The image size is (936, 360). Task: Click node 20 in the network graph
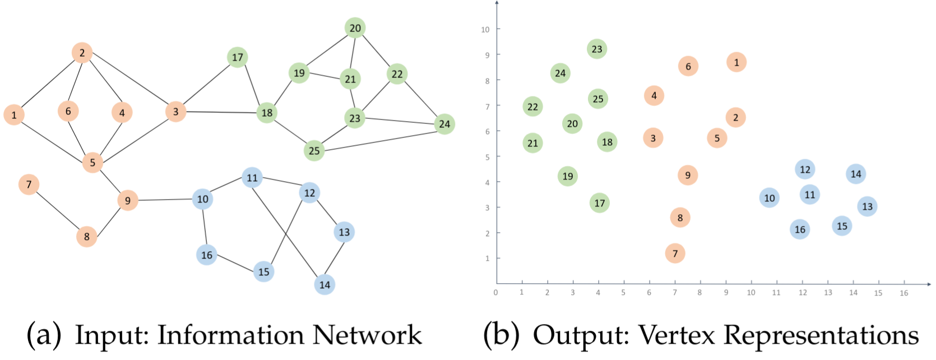click(355, 28)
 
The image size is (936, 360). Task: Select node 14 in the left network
click(325, 284)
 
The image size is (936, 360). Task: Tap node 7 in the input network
click(29, 184)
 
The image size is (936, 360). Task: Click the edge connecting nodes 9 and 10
click(165, 200)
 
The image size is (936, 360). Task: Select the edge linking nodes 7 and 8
click(58, 210)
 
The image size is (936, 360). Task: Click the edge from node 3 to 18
click(221, 112)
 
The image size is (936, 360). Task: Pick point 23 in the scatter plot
click(597, 49)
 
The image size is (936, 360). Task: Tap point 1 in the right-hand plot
click(736, 62)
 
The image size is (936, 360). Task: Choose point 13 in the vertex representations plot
click(867, 206)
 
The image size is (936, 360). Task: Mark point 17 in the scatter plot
click(600, 203)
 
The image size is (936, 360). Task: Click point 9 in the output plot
click(688, 175)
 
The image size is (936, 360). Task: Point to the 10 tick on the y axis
click(485, 29)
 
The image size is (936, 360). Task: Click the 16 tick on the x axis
click(903, 293)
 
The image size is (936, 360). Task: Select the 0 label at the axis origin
click(495, 292)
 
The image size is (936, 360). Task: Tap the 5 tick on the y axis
click(487, 157)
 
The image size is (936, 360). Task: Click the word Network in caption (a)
click(367, 335)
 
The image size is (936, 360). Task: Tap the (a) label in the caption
click(44, 335)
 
